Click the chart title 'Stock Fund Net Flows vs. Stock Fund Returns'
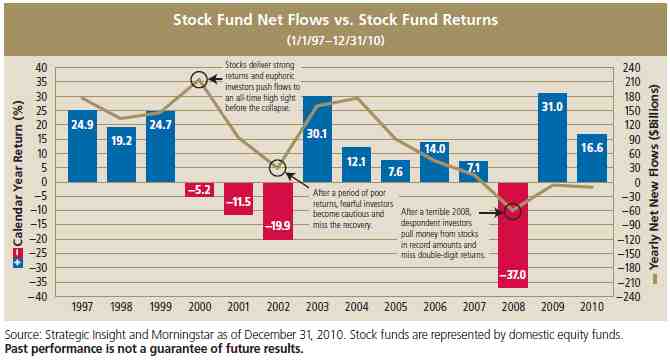[x=334, y=19]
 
